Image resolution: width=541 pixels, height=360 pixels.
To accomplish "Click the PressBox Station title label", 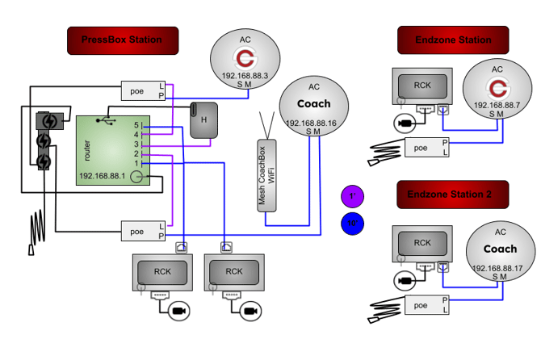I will pyautogui.click(x=122, y=40).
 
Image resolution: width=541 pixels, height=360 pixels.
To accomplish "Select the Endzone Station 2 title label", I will pyautogui.click(x=453, y=195).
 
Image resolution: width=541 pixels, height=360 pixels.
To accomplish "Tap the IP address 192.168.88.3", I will pyautogui.click(x=245, y=74).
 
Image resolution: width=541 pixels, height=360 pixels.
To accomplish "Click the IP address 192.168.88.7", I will pyautogui.click(x=496, y=106).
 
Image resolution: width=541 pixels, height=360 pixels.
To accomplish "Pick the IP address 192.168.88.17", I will pyautogui.click(x=496, y=268).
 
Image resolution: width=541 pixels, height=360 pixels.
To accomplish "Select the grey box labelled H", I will pyautogui.click(x=203, y=120).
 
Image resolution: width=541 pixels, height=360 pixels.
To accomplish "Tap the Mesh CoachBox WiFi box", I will pyautogui.click(x=266, y=175).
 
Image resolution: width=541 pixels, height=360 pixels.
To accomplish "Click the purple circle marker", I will pyautogui.click(x=353, y=195).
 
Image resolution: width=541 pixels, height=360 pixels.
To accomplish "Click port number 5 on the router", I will pyautogui.click(x=137, y=125).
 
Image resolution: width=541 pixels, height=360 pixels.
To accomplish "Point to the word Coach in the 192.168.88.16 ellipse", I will pyautogui.click(x=314, y=104).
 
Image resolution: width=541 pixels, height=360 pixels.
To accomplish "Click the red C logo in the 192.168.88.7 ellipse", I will pyautogui.click(x=497, y=86).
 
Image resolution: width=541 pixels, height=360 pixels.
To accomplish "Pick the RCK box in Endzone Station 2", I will pyautogui.click(x=421, y=244).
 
